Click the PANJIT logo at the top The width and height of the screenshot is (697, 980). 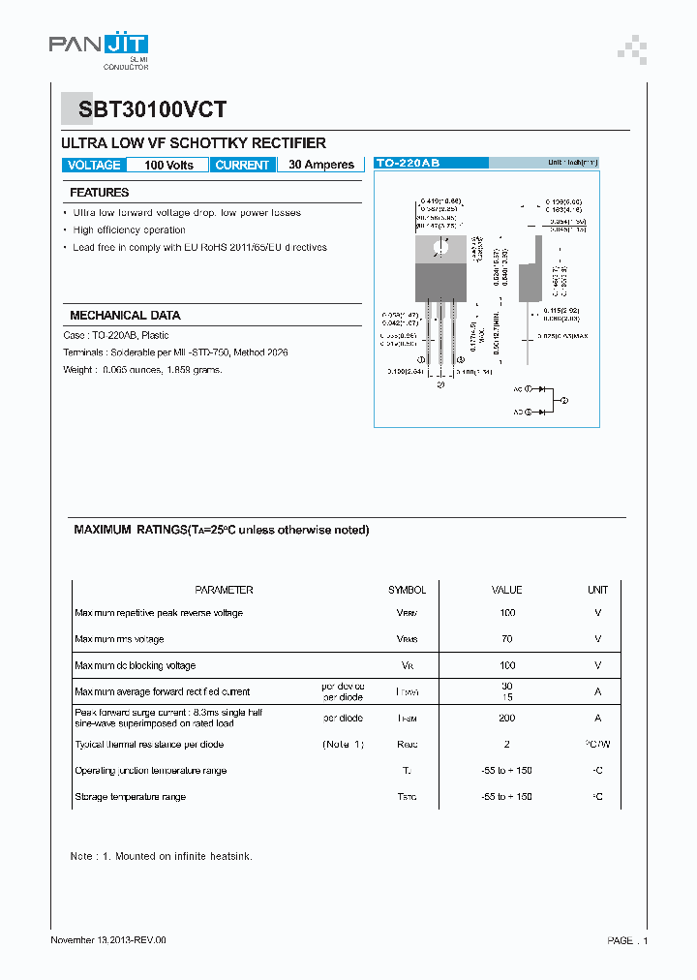pyautogui.click(x=98, y=46)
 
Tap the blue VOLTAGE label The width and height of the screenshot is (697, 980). pyautogui.click(x=94, y=166)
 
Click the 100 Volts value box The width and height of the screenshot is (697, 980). pyautogui.click(x=168, y=166)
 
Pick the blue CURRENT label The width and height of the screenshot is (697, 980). pyautogui.click(x=242, y=166)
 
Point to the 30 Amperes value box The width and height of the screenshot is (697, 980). pyautogui.click(x=321, y=166)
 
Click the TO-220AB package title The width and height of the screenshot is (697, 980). pyautogui.click(x=407, y=164)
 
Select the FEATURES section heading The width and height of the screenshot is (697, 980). pyautogui.click(x=100, y=193)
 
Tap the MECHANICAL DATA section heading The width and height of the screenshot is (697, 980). pyautogui.click(x=125, y=316)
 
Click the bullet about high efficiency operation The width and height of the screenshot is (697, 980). pyautogui.click(x=129, y=230)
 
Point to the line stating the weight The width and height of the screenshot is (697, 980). pyautogui.click(x=142, y=370)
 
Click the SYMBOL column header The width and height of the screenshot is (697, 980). pyautogui.click(x=407, y=590)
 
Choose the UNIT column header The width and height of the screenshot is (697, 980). pyautogui.click(x=597, y=590)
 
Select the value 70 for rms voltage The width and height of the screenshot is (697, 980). pyautogui.click(x=507, y=639)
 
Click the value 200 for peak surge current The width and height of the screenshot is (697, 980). pyautogui.click(x=507, y=719)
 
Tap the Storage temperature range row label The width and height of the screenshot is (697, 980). pyautogui.click(x=130, y=797)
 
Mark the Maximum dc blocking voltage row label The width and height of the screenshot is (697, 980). pyautogui.click(x=135, y=666)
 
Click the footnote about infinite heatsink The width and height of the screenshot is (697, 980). pyautogui.click(x=161, y=857)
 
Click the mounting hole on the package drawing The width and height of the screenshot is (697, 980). pyautogui.click(x=440, y=247)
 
